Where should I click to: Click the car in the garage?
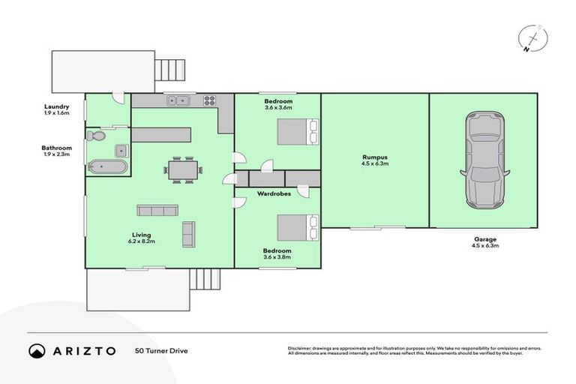point(483,160)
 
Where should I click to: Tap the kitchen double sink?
point(179,100)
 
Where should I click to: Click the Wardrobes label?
point(269,193)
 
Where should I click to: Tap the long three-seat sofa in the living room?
point(157,211)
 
